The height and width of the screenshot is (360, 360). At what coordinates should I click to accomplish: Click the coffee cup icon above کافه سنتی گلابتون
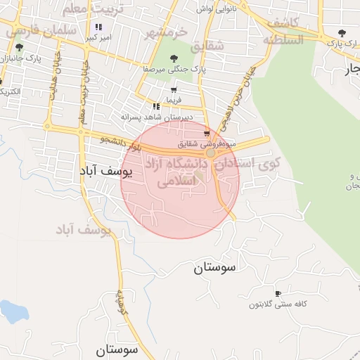click(278, 294)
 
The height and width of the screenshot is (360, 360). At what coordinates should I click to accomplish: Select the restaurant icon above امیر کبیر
click(98, 27)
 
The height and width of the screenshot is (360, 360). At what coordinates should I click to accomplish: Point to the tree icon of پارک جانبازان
click(18, 49)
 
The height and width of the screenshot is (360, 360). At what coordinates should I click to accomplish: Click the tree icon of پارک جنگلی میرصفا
click(174, 60)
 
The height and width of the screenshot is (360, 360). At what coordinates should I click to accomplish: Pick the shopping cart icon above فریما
click(173, 91)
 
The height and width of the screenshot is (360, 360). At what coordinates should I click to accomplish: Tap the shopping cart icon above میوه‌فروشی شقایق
click(206, 133)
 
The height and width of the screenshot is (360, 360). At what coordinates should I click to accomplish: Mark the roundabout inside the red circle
click(210, 152)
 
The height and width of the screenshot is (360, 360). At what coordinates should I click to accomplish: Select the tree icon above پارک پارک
click(342, 33)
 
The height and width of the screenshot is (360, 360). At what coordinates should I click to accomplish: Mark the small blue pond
click(13, 311)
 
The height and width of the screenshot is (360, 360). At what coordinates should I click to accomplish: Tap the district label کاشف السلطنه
click(285, 32)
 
